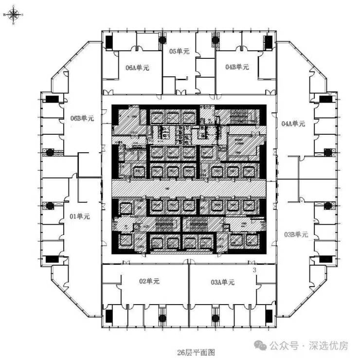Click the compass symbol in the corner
pos(13,15)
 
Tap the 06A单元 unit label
pos(137,68)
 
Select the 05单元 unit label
pos(179,51)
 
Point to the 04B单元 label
pos(237,67)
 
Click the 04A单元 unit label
pos(293,124)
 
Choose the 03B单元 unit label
pos(296,234)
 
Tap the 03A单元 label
pos(223,282)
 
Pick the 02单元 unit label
pos(149,281)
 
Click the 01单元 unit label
pos(80,216)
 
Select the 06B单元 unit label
pos(82,118)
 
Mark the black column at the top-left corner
pos(109,42)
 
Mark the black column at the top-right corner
pos(268,42)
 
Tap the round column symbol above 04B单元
pos(215,40)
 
